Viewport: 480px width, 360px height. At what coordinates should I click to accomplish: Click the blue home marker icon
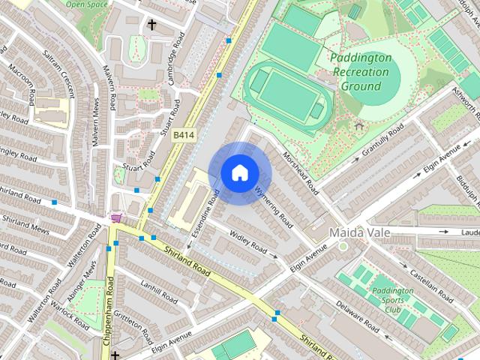coord(239,173)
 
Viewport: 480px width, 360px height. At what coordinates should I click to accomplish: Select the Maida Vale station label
coord(359,232)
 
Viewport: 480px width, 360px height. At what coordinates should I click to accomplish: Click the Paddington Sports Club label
coord(392,300)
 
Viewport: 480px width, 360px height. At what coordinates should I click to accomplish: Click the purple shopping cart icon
coord(116,218)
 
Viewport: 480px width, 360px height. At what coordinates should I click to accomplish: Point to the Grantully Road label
coord(382,140)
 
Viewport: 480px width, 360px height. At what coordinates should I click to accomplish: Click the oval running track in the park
coord(287,93)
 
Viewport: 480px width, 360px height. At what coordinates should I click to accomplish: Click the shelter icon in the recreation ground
coord(358,125)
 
